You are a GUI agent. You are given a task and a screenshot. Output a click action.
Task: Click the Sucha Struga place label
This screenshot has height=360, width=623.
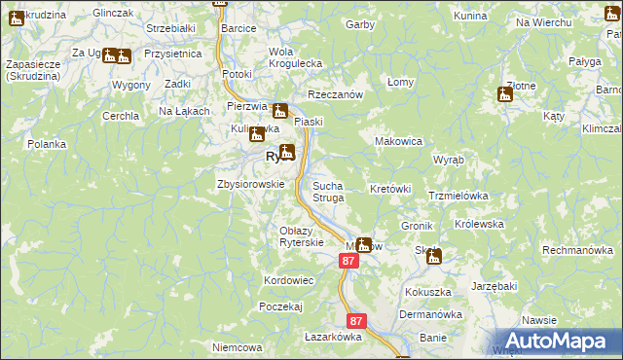[x=327, y=191]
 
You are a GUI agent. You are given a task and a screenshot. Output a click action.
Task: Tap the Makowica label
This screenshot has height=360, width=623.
[x=399, y=141]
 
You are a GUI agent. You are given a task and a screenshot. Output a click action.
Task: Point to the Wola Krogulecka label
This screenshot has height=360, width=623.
[x=295, y=57]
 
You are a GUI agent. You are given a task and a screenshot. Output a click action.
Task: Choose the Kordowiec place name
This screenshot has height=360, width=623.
[x=288, y=280]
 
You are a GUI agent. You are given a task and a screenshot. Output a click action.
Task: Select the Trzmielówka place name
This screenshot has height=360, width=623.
[x=458, y=196]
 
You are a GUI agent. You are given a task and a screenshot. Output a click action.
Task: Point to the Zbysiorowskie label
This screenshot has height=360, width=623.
[x=250, y=183]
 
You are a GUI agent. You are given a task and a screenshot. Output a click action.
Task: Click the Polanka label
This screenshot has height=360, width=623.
[x=47, y=144]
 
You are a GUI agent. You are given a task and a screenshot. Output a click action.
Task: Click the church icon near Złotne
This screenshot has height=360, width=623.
[x=505, y=95]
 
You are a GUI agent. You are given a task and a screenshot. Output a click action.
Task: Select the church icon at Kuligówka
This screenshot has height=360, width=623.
[x=256, y=135]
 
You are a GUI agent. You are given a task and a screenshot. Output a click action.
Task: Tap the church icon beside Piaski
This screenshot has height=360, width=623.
[x=280, y=111]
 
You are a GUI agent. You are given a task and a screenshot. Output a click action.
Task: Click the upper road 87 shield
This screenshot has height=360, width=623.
[x=349, y=262]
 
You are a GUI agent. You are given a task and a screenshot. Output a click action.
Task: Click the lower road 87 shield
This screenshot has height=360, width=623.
[x=356, y=320]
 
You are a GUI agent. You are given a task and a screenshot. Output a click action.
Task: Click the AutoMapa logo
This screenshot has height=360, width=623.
[x=558, y=341]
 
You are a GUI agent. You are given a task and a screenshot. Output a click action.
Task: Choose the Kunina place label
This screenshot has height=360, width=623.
[x=470, y=18]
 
